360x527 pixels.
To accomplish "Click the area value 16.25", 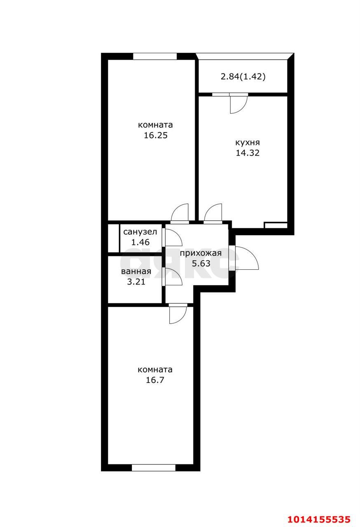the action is (156, 135).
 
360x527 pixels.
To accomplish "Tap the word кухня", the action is (248, 142).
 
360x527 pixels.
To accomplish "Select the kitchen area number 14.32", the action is (248, 153).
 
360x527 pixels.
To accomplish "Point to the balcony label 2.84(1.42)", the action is (243, 77).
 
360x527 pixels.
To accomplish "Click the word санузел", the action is (140, 232).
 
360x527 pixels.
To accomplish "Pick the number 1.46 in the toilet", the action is (140, 242).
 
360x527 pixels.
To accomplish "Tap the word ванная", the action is (136, 271).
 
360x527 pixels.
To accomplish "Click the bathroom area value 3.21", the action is (136, 282).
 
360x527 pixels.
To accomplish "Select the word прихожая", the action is (201, 253).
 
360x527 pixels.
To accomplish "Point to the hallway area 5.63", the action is (201, 263).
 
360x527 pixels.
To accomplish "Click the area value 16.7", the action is (155, 380).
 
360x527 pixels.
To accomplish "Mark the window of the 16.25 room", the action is (155, 56).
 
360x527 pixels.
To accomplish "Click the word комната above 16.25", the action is (155, 125).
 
